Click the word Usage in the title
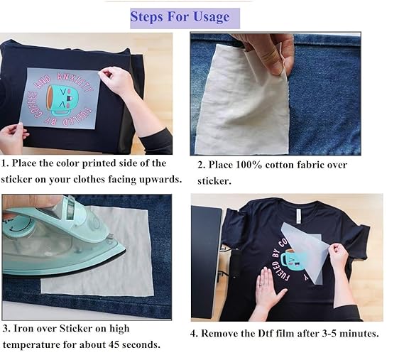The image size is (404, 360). [211, 17]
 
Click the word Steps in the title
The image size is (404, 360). [146, 17]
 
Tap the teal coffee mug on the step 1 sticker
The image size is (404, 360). [62, 99]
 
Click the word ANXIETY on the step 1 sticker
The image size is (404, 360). [75, 82]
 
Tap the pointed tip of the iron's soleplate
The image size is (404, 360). [125, 249]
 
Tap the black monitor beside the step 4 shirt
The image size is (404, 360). [205, 261]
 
